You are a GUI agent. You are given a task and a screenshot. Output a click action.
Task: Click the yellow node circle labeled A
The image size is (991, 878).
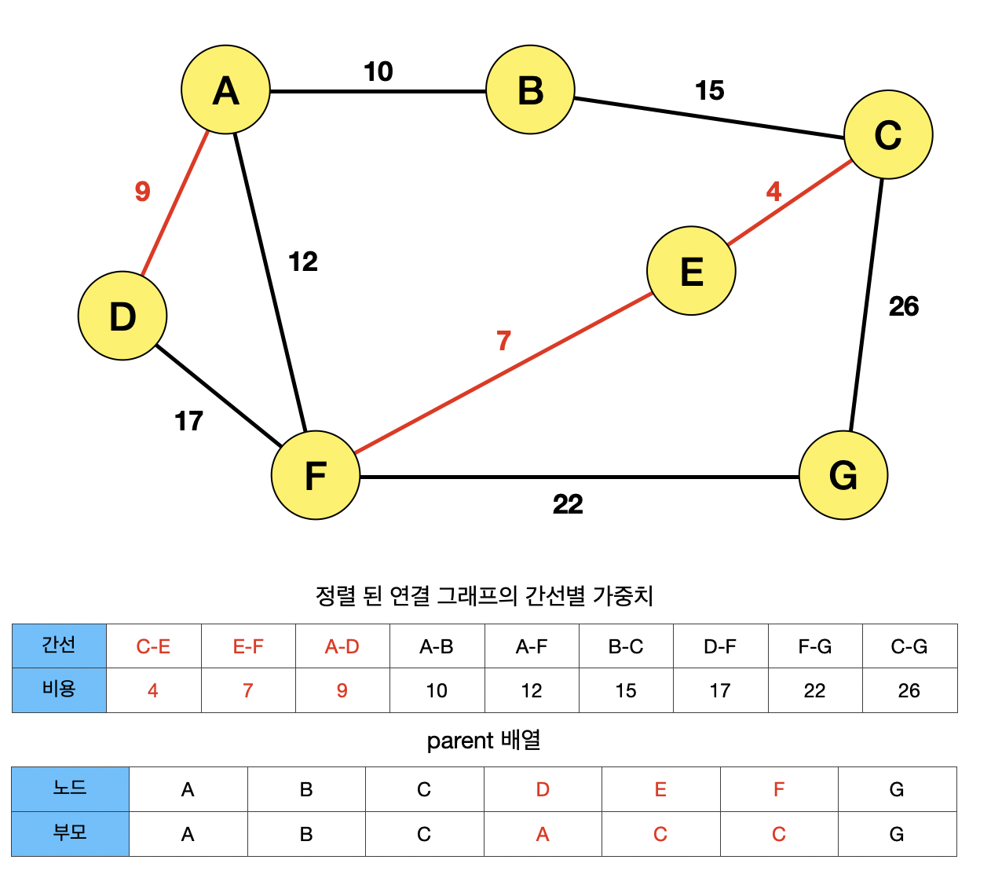tap(225, 90)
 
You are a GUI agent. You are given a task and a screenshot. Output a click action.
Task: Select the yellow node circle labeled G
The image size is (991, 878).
tap(843, 475)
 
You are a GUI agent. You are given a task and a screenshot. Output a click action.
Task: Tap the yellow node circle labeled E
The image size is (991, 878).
tap(691, 271)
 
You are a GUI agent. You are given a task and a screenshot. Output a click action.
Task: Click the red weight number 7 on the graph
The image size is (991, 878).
tap(503, 341)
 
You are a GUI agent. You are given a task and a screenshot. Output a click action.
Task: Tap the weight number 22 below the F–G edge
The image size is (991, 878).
tap(568, 504)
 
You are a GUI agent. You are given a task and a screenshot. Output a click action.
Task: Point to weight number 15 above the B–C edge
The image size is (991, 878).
tap(709, 91)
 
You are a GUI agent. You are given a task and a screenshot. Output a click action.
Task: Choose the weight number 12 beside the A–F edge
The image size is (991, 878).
tap(303, 262)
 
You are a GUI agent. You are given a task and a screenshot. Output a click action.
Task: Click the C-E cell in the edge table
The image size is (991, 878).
tap(153, 646)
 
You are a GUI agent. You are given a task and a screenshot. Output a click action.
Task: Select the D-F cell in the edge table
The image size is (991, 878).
tap(720, 646)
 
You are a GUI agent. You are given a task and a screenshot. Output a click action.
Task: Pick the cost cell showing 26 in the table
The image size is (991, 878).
tap(909, 690)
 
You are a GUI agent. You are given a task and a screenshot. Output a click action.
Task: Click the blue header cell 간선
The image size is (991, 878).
tap(59, 646)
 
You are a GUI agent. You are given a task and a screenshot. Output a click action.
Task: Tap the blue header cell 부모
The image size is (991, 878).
tap(70, 832)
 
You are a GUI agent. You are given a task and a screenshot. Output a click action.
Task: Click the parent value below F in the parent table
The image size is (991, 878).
tap(778, 834)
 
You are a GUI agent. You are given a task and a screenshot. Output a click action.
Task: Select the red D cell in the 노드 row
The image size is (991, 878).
tap(543, 789)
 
